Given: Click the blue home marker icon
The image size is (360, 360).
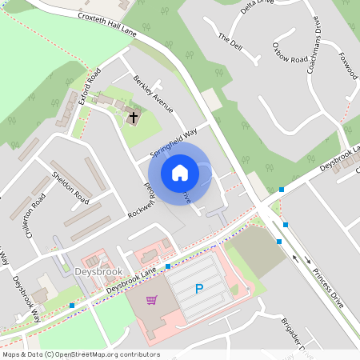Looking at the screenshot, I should (180, 172).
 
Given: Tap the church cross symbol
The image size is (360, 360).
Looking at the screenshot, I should (134, 118).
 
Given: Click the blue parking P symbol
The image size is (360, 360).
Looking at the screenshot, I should (199, 289).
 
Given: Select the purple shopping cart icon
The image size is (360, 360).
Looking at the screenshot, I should (152, 300).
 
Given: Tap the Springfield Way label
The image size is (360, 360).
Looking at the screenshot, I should (174, 143).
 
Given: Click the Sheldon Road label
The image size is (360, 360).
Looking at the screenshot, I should (70, 186).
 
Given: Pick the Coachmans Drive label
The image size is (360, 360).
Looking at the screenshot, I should (314, 47).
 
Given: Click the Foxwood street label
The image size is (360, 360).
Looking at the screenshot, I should (348, 66).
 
